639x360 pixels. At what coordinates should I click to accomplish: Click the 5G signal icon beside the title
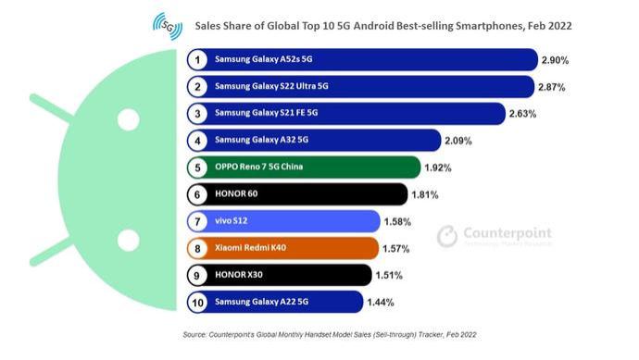(168, 26)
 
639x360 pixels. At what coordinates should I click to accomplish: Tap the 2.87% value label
(552, 87)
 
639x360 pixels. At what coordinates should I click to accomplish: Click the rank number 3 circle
(196, 114)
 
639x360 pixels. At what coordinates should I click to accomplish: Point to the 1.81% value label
(425, 194)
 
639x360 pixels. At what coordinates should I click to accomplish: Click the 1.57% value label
(397, 248)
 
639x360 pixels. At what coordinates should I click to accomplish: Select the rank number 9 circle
(196, 275)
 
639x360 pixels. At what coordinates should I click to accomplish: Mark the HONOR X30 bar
(278, 275)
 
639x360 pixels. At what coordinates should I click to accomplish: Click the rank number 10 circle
(196, 302)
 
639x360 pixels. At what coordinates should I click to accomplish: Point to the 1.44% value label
(382, 302)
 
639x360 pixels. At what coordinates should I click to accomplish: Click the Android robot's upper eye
(128, 118)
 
